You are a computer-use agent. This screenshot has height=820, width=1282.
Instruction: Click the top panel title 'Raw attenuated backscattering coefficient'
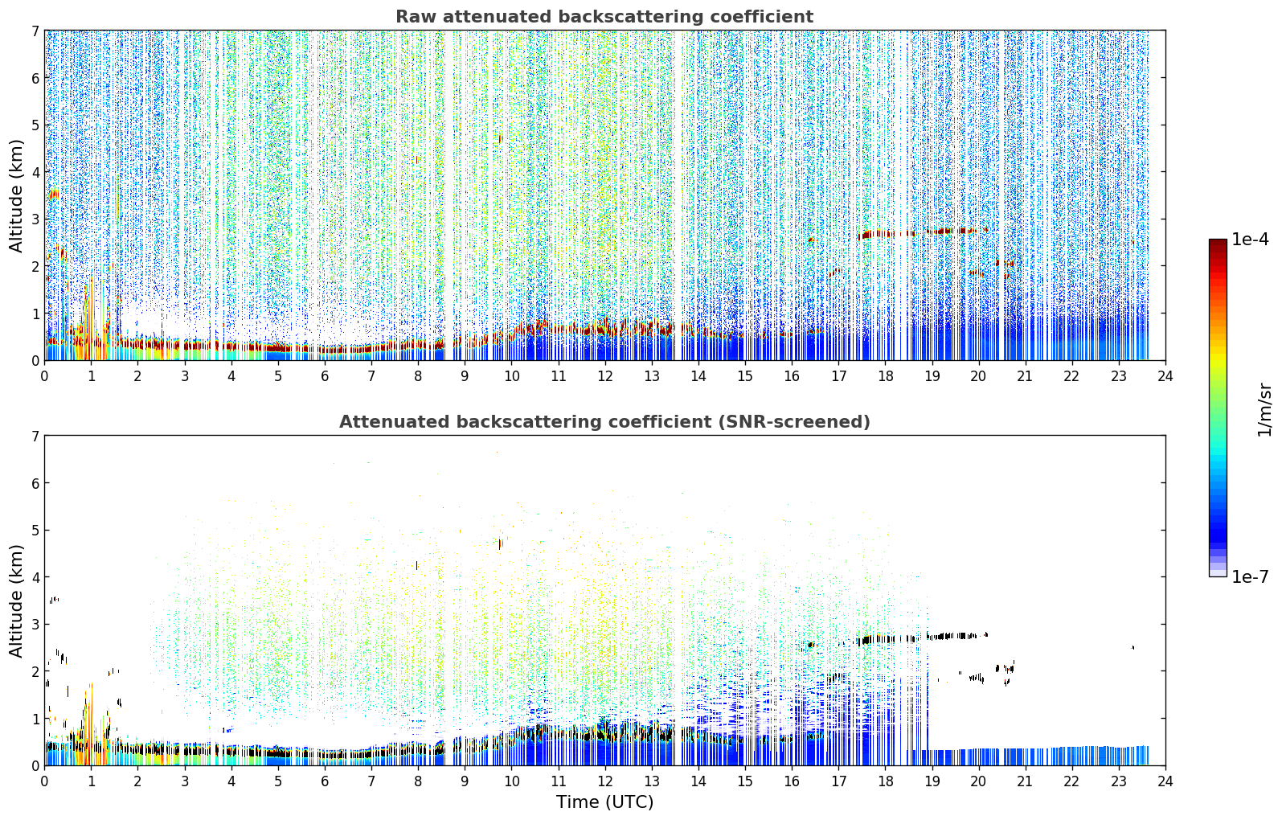[x=604, y=17]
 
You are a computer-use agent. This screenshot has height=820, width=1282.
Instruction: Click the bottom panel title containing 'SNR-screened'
[x=604, y=422]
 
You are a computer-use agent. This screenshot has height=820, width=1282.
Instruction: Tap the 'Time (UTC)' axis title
[x=604, y=802]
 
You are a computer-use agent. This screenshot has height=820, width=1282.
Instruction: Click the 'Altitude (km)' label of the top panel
[x=16, y=196]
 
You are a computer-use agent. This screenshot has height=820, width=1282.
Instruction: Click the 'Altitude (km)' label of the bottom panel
[x=16, y=601]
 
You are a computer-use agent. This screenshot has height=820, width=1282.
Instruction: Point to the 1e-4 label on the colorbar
[x=1250, y=240]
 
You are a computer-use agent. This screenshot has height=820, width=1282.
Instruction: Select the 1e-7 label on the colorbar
[x=1250, y=576]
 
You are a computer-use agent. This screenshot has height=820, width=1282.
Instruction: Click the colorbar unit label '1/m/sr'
[x=1264, y=409]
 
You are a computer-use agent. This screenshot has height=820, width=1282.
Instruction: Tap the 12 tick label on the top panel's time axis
[x=605, y=377]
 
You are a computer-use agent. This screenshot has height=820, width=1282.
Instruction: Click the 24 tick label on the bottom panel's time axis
[x=1165, y=781]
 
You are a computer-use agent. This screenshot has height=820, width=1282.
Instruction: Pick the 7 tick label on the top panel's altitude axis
[x=35, y=31]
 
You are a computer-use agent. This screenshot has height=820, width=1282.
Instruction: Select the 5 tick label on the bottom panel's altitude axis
[x=35, y=531]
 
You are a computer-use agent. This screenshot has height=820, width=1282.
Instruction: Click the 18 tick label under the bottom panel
[x=886, y=781]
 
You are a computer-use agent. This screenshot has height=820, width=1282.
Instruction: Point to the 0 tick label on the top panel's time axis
[x=45, y=377]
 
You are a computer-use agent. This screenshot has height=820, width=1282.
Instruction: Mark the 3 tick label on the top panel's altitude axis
[x=35, y=219]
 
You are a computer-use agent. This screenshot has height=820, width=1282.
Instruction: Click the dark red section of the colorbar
[x=1218, y=252]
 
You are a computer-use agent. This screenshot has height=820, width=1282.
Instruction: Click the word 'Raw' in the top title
[x=416, y=17]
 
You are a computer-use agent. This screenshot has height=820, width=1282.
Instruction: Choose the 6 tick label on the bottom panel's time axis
[x=325, y=781]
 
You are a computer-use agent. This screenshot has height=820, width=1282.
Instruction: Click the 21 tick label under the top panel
[x=1025, y=377]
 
